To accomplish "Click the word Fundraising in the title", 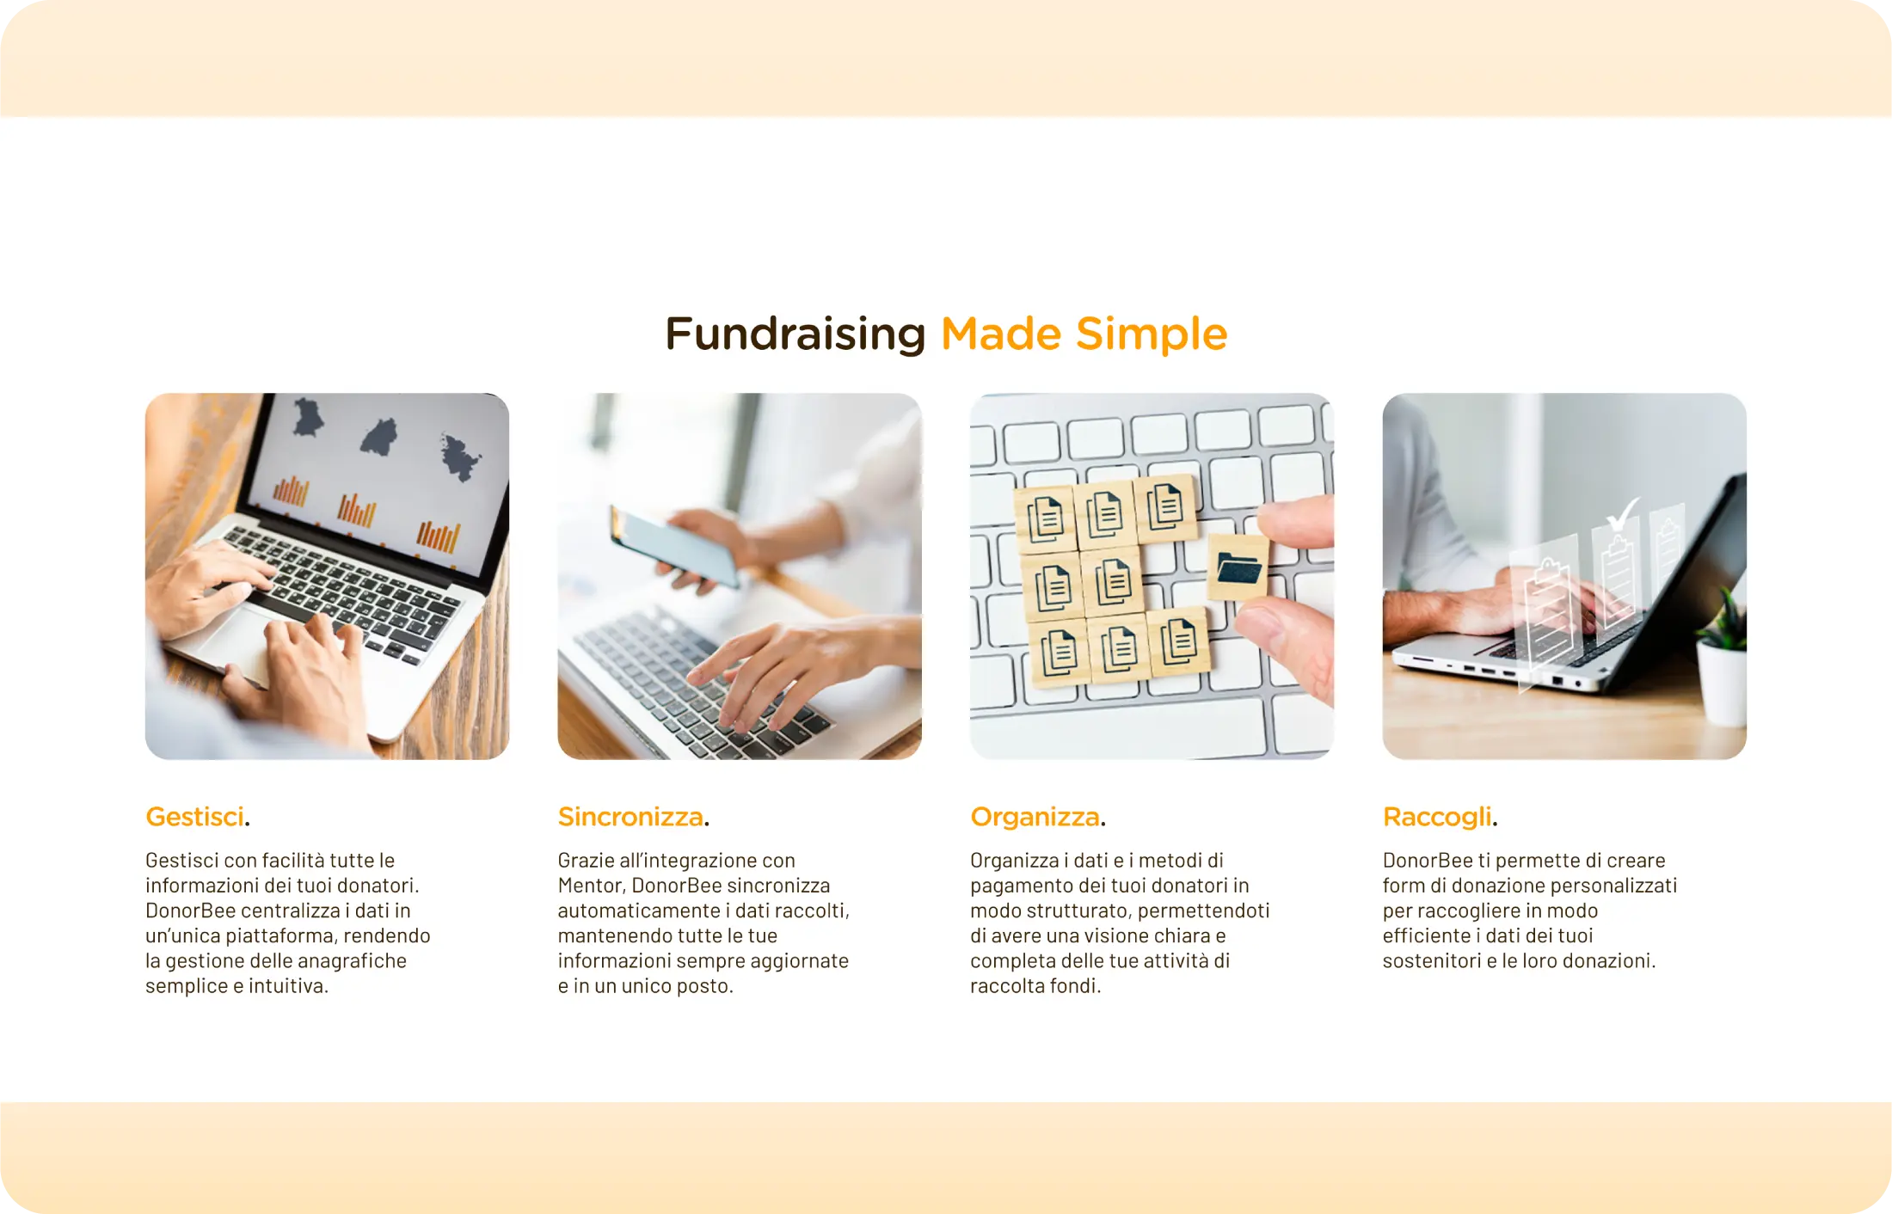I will (795, 334).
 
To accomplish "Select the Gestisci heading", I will (195, 817).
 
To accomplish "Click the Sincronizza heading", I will (630, 817).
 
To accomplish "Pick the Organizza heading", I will (1035, 817).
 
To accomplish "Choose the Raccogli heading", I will (1437, 817).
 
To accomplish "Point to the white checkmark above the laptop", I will (1622, 515).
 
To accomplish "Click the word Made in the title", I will (1001, 334).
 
